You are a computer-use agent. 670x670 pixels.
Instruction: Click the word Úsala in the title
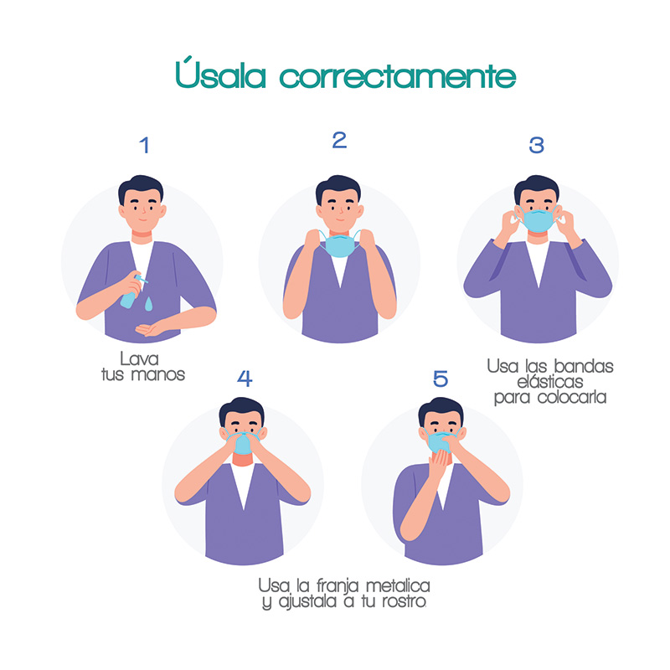223,75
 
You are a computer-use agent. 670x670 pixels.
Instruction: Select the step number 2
339,140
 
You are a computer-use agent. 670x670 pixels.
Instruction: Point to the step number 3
536,145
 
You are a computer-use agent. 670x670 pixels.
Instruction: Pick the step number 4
245,379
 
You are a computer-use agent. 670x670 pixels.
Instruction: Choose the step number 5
441,379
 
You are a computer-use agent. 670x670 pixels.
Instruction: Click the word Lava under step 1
140,359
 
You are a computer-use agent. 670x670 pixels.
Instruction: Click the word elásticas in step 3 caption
549,382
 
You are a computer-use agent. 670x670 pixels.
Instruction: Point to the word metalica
391,585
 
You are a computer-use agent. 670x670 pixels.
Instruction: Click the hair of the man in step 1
140,189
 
